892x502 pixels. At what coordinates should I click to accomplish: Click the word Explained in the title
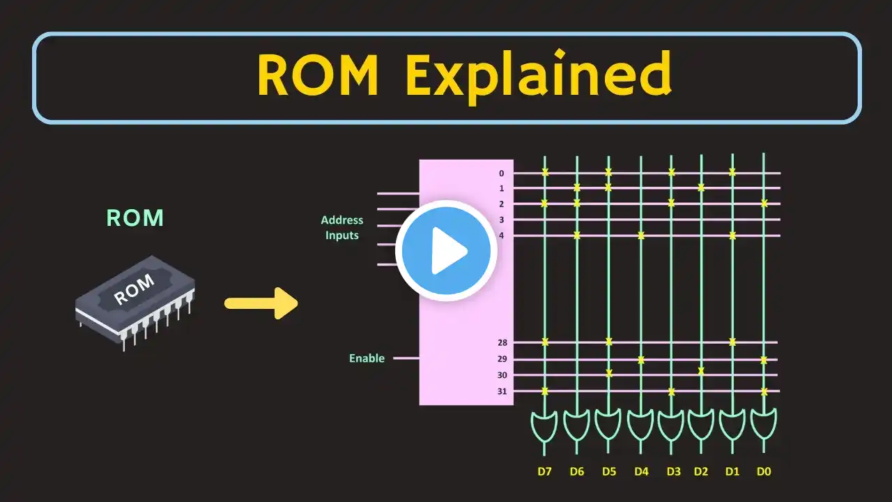pyautogui.click(x=538, y=75)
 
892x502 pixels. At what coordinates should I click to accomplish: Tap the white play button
pyautogui.click(x=446, y=251)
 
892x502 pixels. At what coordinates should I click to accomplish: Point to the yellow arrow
pyautogui.click(x=261, y=303)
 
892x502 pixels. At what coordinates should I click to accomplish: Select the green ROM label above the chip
pyautogui.click(x=135, y=218)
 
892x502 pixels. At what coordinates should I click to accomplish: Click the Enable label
pyautogui.click(x=367, y=358)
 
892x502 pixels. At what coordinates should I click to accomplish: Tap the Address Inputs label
pyautogui.click(x=341, y=228)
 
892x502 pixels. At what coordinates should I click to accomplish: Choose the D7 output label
pyautogui.click(x=545, y=471)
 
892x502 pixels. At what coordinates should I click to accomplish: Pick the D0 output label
pyautogui.click(x=764, y=471)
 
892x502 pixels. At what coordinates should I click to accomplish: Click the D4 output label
pyautogui.click(x=641, y=471)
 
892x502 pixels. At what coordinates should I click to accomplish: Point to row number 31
pyautogui.click(x=502, y=391)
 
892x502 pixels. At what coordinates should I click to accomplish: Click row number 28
pyautogui.click(x=502, y=342)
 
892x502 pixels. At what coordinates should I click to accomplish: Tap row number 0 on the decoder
pyautogui.click(x=502, y=173)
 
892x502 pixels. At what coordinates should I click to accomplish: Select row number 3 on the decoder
pyautogui.click(x=502, y=220)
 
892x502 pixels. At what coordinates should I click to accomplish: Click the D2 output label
pyautogui.click(x=701, y=471)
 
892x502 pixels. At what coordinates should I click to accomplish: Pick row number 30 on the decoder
pyautogui.click(x=502, y=375)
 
